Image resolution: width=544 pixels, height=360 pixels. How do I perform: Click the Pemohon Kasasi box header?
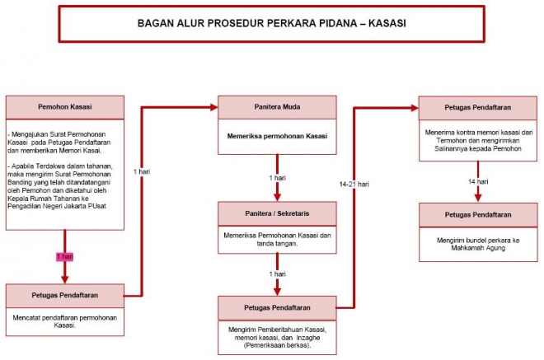pyautogui.click(x=64, y=107)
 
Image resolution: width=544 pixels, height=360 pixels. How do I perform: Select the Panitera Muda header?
pyautogui.click(x=277, y=107)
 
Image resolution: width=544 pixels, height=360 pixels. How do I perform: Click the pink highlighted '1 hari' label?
pyautogui.click(x=64, y=257)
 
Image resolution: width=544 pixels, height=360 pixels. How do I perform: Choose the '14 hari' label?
pyautogui.click(x=478, y=181)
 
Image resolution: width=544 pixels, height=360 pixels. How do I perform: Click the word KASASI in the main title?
pyautogui.click(x=385, y=23)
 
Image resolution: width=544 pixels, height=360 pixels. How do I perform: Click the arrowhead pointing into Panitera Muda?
pyautogui.click(x=213, y=107)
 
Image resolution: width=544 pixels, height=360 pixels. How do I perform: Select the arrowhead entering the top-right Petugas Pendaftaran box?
pyautogui.click(x=414, y=107)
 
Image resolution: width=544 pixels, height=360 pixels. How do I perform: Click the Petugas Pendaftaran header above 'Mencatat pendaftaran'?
pyautogui.click(x=64, y=294)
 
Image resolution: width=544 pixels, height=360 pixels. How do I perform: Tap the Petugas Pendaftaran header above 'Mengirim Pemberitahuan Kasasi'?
pyautogui.click(x=277, y=308)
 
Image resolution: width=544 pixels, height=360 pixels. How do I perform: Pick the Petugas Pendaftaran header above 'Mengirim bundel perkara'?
pyautogui.click(x=478, y=214)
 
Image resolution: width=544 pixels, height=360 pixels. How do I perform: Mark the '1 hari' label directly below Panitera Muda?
pyautogui.click(x=277, y=178)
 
